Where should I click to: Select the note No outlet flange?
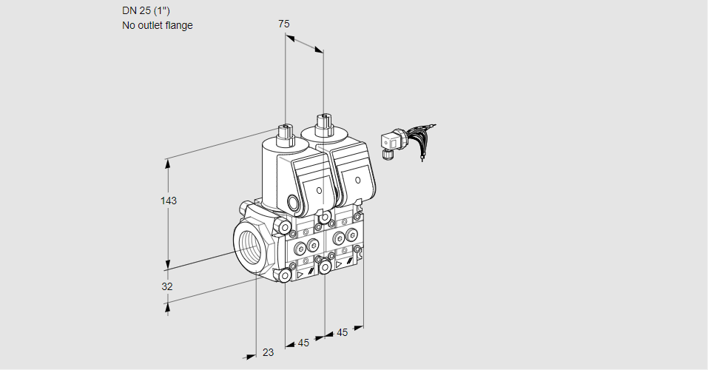point(157,25)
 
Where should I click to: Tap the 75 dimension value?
point(283,24)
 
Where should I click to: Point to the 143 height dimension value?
point(169,201)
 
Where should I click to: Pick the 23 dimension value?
point(268,353)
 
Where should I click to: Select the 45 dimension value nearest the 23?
point(303,343)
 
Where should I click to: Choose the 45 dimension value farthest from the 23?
point(342,333)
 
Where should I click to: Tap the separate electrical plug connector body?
point(390,141)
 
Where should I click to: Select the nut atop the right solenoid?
point(323,121)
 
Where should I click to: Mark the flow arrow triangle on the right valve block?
point(339,263)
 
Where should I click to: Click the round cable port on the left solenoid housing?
point(293,201)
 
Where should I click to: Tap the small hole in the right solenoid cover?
point(357,180)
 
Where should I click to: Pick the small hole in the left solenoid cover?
point(319,191)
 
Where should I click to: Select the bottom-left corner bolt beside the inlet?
point(285,275)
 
